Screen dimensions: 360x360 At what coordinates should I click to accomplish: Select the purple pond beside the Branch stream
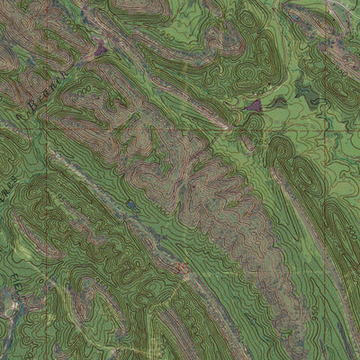(x=99, y=50)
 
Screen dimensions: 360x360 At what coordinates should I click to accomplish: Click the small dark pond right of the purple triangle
(x=281, y=103)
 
